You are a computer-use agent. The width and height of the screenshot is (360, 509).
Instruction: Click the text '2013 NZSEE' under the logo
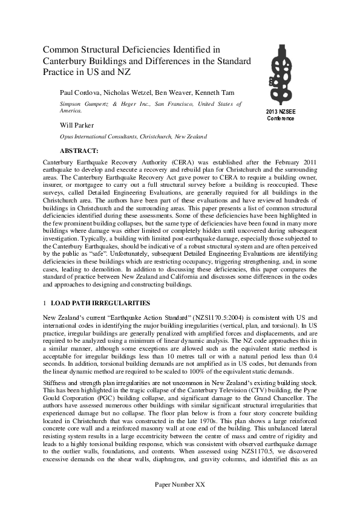[281, 112]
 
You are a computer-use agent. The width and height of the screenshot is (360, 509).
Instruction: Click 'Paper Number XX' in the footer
[180, 502]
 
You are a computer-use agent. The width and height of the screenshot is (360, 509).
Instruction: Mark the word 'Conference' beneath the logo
[281, 118]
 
